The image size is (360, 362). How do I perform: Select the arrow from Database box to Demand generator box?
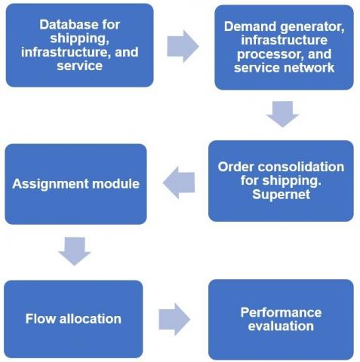coord(183,46)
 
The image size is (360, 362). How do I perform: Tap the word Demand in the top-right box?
coord(251,26)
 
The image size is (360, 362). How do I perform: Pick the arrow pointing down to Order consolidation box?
coord(283,114)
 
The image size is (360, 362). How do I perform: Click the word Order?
coord(235,167)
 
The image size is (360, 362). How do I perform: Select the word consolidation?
coord(300,167)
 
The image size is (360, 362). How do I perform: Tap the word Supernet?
coord(281,195)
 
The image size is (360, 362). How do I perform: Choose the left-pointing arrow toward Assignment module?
coord(179,183)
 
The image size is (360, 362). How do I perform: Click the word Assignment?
coord(51,184)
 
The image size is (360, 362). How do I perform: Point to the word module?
coord(115,184)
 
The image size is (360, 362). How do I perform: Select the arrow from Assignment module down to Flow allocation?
coord(75,251)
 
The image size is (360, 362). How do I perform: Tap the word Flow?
coord(41,318)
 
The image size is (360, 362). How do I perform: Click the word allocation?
coord(91,318)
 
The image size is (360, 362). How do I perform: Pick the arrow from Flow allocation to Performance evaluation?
coord(174,319)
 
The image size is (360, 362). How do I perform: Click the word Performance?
coord(281,312)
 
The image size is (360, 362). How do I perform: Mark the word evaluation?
coord(281,326)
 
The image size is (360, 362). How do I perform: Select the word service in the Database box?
coord(79,66)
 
